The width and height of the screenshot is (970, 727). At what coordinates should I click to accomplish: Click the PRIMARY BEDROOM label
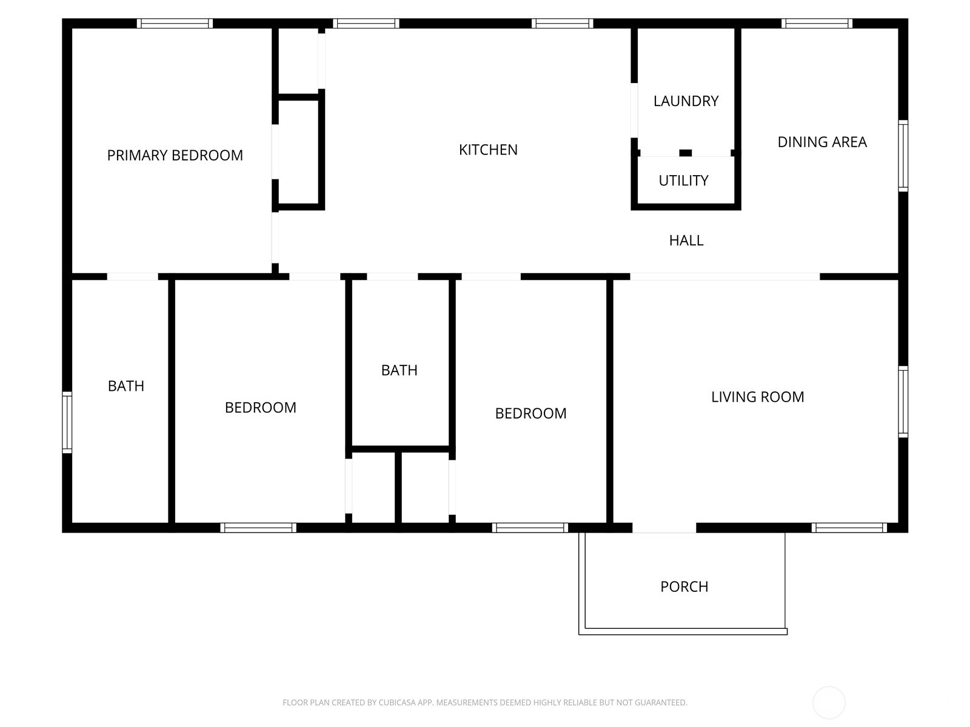(175, 155)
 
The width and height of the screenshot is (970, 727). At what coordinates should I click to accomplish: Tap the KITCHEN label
(488, 150)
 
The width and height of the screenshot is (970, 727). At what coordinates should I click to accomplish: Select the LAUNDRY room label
(686, 101)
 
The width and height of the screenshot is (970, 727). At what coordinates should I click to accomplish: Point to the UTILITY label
(683, 181)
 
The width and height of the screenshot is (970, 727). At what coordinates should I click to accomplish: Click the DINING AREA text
(822, 142)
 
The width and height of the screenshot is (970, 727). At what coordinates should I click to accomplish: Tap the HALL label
(686, 241)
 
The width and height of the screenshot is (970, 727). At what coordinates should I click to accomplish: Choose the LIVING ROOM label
(757, 397)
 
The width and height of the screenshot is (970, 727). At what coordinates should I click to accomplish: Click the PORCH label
(684, 586)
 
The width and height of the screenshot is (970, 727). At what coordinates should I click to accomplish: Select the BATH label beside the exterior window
(125, 386)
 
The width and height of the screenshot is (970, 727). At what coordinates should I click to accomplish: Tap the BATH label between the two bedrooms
(399, 370)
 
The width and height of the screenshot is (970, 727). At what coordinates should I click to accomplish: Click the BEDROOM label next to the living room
(530, 413)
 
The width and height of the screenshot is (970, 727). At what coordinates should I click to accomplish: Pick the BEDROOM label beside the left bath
(260, 408)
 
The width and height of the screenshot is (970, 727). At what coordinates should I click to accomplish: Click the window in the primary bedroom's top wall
(175, 24)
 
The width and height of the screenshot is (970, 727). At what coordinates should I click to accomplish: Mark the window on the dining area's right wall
(903, 156)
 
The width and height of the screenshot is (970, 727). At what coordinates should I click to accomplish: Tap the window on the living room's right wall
(903, 401)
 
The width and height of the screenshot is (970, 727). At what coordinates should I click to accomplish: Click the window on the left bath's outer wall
(67, 422)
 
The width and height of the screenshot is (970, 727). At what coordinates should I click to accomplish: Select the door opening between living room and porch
(664, 528)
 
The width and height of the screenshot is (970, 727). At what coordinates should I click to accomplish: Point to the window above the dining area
(817, 24)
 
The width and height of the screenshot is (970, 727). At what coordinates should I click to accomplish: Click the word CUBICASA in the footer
(397, 703)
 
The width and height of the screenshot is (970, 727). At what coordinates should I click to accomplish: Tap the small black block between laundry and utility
(685, 153)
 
